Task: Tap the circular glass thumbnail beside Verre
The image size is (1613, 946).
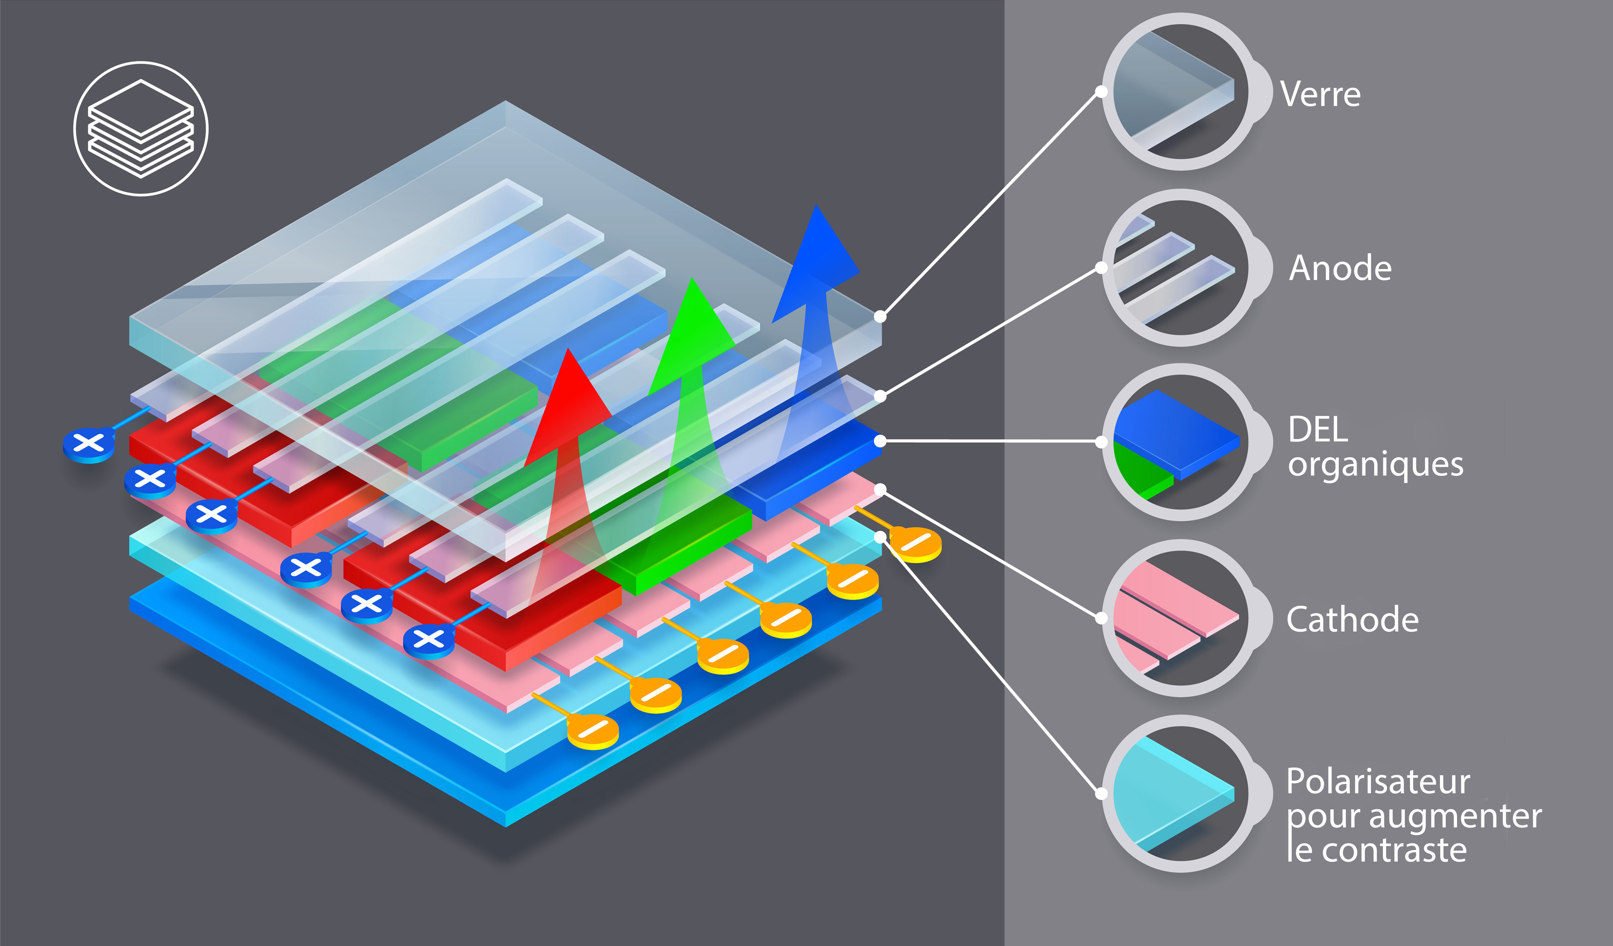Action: (x=1181, y=92)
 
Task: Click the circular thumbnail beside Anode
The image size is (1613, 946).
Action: (x=1181, y=267)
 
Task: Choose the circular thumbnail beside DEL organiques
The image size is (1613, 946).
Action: (x=1181, y=442)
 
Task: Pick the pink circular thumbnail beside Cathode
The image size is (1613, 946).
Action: (x=1181, y=618)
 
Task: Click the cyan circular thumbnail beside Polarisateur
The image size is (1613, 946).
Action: (x=1181, y=794)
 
